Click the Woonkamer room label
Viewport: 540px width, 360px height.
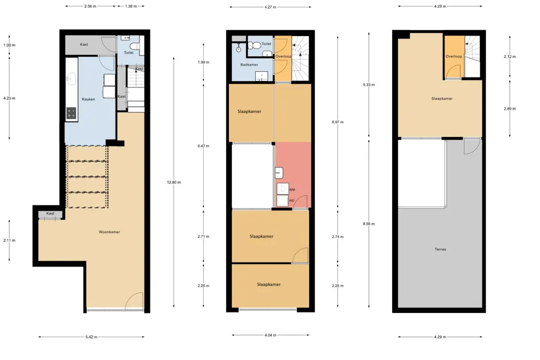109,232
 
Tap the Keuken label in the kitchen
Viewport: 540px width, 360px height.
88,99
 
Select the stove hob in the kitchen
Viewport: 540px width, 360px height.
71,113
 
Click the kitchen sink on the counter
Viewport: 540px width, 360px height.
71,79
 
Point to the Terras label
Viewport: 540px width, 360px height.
440,249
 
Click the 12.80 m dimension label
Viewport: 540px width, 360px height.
174,182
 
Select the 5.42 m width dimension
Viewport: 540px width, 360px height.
91,337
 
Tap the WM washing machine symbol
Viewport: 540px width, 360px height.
283,189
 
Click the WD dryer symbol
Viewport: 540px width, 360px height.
283,201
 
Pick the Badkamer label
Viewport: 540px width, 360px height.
249,65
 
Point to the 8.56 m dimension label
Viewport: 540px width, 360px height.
368,224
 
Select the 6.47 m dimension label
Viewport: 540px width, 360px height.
203,146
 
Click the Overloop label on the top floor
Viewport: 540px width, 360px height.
453,56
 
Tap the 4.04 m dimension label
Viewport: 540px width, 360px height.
270,335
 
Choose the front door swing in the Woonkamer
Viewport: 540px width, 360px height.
134,300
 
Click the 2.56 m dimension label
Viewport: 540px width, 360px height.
90,6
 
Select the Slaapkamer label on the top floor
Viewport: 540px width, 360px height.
442,98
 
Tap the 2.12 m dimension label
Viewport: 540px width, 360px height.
510,56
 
